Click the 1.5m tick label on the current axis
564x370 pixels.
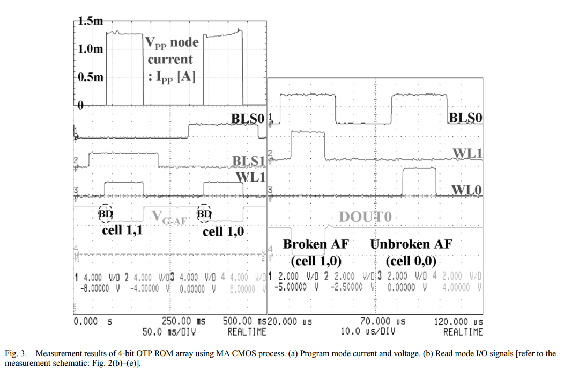point(90,21)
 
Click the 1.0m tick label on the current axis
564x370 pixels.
point(90,49)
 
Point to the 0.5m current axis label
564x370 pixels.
point(90,77)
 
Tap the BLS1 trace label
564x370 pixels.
point(249,161)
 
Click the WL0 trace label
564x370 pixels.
point(466,190)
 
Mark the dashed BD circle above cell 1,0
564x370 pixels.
point(205,213)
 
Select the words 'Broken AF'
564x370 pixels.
point(316,244)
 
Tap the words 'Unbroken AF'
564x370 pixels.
point(411,244)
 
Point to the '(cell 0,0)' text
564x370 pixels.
point(411,262)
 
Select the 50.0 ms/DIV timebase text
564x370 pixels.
point(168,331)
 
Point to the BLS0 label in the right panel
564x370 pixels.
point(465,118)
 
